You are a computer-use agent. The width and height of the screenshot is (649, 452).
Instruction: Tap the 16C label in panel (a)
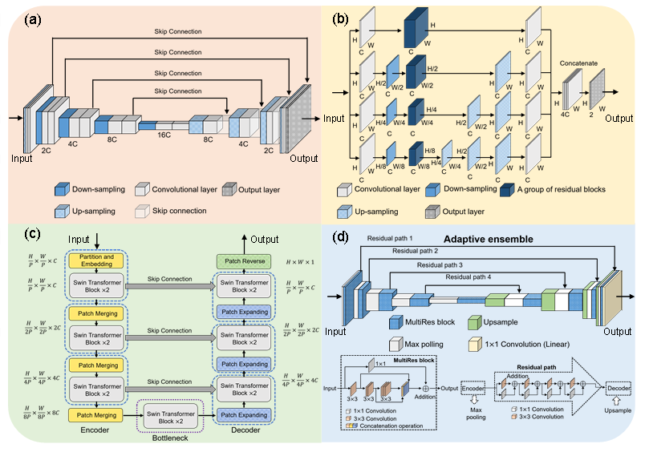(x=164, y=135)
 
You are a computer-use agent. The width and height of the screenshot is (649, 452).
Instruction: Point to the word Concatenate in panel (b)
(x=582, y=61)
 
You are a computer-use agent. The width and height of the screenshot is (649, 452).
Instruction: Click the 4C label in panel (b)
(x=566, y=115)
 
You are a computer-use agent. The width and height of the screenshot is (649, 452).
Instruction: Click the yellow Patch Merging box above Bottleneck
(x=95, y=415)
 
